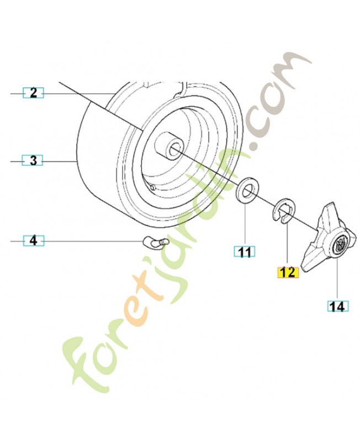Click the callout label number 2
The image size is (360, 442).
[33, 93]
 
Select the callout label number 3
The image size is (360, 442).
[33, 161]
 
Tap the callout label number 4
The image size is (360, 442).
[33, 241]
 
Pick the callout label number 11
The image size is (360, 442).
[245, 252]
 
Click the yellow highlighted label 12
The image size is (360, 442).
[288, 272]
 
